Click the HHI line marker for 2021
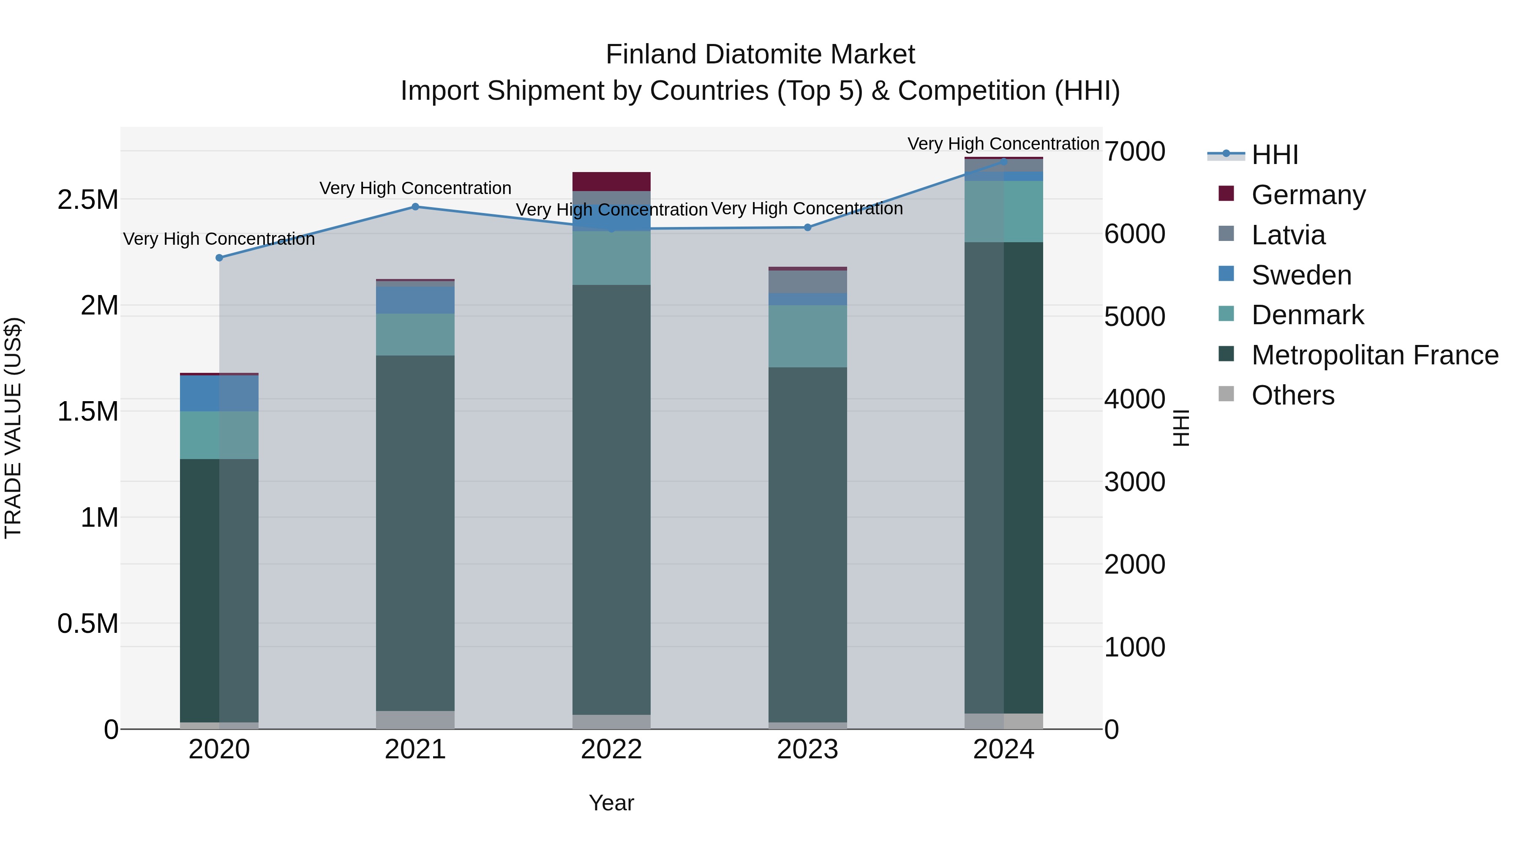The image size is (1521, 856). click(415, 207)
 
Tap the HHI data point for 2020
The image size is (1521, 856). click(219, 257)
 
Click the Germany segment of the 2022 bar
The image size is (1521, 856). click(611, 181)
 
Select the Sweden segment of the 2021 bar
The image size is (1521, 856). click(415, 300)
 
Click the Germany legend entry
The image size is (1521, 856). click(1308, 195)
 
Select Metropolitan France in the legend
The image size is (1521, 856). click(1374, 355)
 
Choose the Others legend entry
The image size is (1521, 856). click(1292, 395)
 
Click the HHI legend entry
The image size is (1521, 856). click(1274, 155)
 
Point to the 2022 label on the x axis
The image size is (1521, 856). click(611, 749)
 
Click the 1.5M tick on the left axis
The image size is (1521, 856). click(88, 411)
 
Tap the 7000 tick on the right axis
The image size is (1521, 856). click(1134, 152)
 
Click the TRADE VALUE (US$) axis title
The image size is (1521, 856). click(14, 428)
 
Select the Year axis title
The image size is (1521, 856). click(611, 803)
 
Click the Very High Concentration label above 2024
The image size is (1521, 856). click(1003, 144)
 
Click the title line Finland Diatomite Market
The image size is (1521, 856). click(760, 55)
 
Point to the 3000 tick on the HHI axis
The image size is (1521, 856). click(1134, 482)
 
